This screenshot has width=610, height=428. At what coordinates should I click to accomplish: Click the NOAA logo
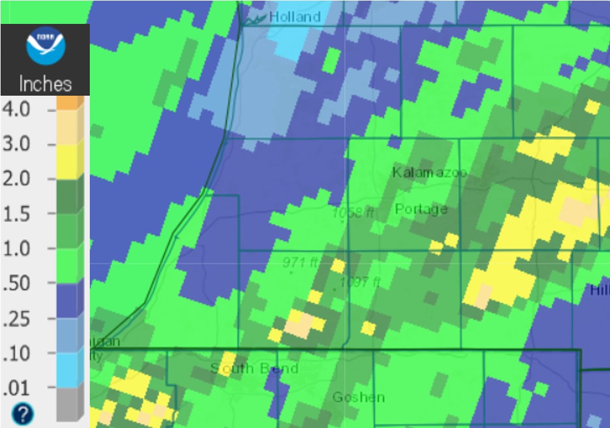[45, 48]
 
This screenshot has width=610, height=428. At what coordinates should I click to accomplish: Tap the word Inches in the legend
[45, 84]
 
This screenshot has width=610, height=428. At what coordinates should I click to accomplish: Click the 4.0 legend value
[16, 110]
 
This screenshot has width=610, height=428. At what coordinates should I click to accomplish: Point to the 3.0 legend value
[16, 145]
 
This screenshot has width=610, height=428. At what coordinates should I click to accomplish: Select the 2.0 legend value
[16, 179]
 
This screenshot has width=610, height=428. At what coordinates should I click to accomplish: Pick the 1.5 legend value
[16, 213]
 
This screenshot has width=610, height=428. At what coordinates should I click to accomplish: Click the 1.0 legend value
[16, 248]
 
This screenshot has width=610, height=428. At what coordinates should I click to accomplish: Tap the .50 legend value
[16, 283]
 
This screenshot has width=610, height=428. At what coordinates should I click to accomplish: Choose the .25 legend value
[16, 318]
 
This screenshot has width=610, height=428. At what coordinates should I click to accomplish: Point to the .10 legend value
[16, 353]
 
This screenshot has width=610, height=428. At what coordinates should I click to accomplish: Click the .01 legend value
[16, 389]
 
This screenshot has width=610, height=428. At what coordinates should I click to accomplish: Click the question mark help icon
[23, 414]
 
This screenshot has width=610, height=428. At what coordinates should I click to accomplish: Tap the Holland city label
[295, 17]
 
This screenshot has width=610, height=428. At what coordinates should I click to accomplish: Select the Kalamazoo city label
[429, 173]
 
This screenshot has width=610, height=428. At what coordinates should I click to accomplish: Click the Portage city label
[421, 209]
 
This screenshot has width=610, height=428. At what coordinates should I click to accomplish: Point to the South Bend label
[254, 368]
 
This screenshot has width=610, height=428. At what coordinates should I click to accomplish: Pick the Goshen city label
[359, 398]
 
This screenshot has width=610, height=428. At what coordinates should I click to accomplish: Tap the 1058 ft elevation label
[354, 212]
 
